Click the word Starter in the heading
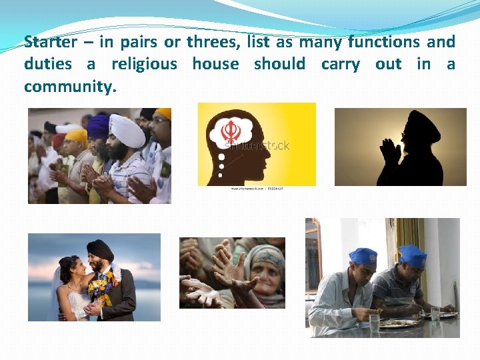[x=50, y=42]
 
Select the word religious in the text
[x=144, y=64]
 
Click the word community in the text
[x=69, y=87]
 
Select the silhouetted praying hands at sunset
[x=390, y=152]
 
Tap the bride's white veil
[x=57, y=293]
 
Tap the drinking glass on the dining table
[x=374, y=323]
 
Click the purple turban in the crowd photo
[x=97, y=125]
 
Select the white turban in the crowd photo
[x=127, y=130]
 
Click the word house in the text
[x=215, y=64]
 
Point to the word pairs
[x=138, y=42]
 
